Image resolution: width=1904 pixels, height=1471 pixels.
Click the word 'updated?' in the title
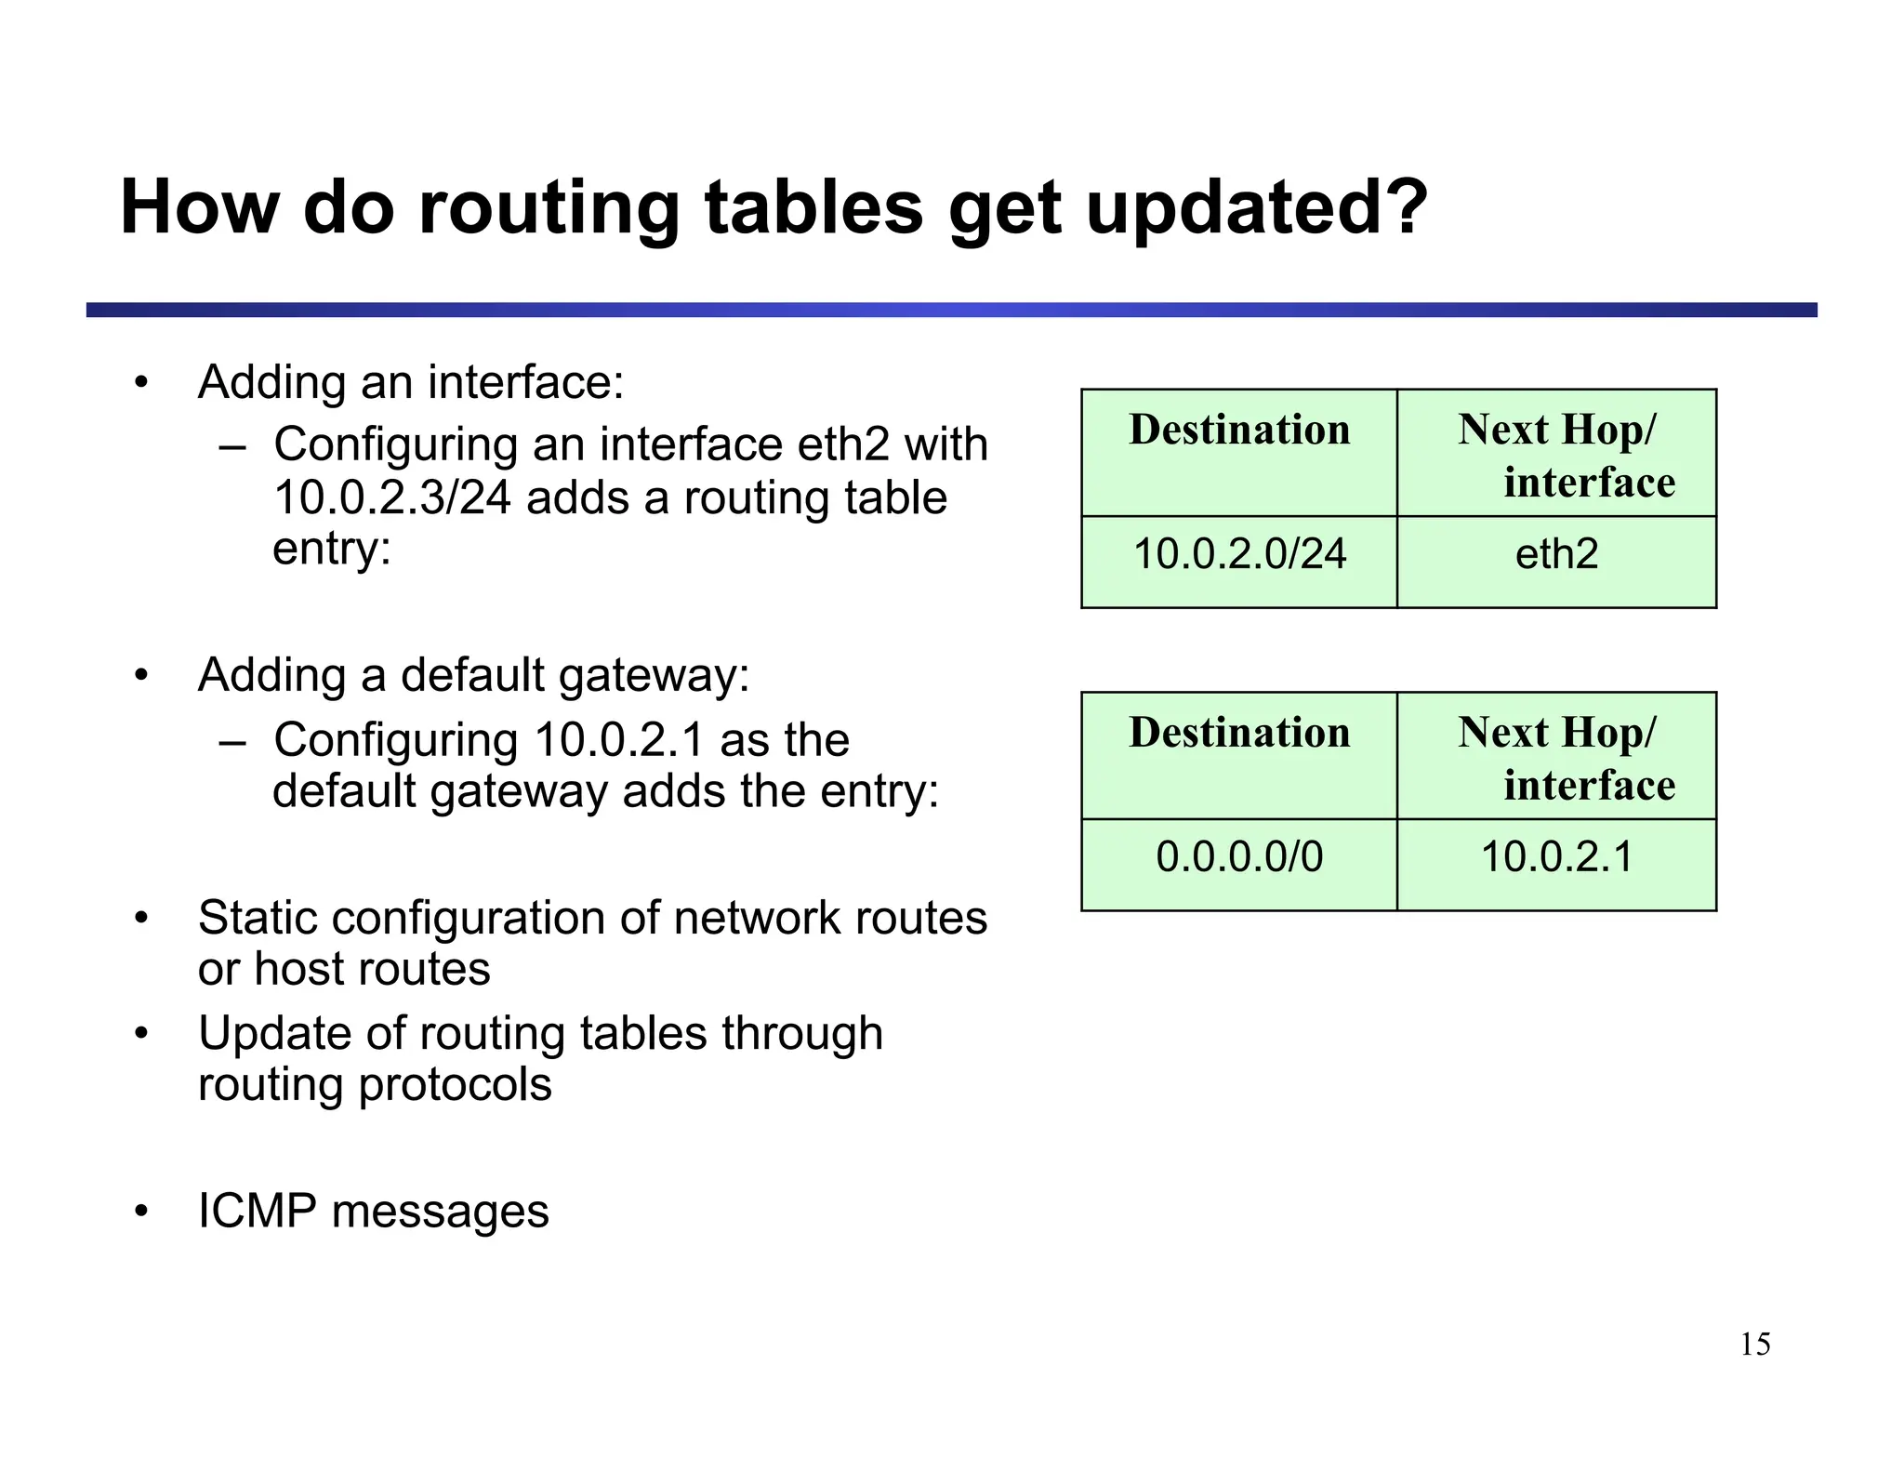pos(1256,207)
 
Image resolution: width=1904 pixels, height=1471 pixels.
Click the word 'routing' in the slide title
pos(549,209)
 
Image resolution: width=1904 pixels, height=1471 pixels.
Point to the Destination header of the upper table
pos(1239,431)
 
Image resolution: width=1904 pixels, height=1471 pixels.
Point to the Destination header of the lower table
pos(1239,733)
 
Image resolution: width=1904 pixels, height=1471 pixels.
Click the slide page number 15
pos(1755,1345)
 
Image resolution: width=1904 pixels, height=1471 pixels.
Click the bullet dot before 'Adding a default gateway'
pos(141,675)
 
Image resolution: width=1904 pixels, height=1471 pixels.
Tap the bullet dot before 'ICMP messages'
pos(141,1212)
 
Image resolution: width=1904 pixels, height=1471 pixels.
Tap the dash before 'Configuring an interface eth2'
pos(231,446)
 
